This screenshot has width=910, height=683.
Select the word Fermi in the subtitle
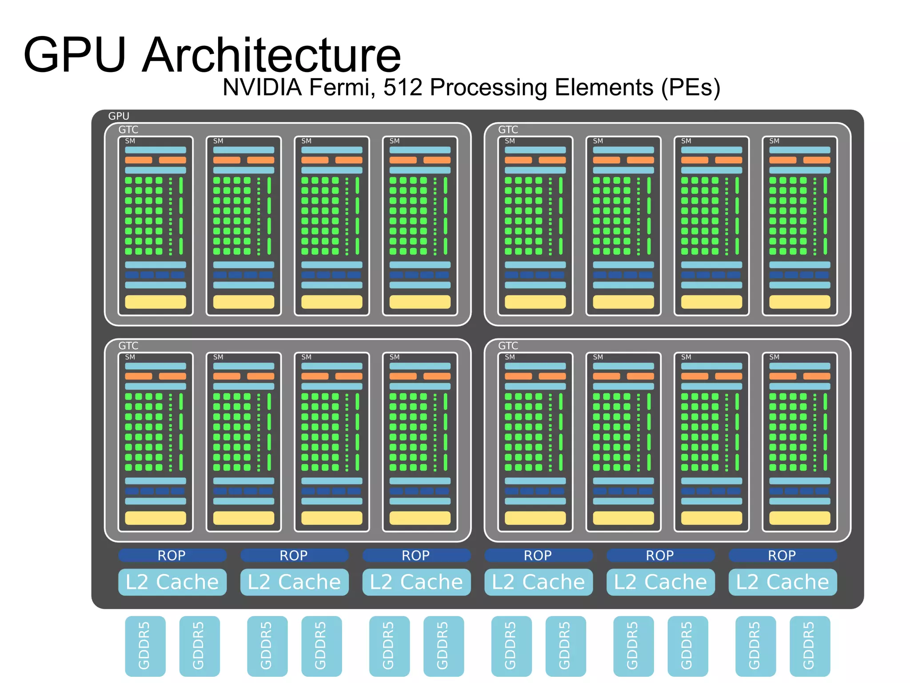[340, 87]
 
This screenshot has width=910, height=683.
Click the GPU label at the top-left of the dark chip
[119, 116]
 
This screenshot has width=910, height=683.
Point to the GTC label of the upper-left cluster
[128, 129]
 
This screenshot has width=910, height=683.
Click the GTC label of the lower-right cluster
[508, 346]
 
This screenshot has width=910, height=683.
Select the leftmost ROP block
[172, 555]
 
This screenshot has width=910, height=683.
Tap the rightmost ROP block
[782, 555]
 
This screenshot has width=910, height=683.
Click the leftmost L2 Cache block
[172, 582]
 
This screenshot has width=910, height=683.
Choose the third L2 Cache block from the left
[416, 582]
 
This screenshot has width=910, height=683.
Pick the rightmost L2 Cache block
[782, 582]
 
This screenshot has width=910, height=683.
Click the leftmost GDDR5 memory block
[145, 646]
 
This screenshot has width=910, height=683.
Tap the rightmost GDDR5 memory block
[810, 646]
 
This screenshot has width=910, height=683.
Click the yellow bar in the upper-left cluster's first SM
[155, 302]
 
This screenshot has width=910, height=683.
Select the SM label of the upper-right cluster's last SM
[774, 141]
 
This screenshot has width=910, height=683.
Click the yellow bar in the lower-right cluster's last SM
[799, 518]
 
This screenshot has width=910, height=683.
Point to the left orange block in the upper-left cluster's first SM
[139, 160]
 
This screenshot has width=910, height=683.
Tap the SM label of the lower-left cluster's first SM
[130, 357]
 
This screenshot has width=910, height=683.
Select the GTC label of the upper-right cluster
[508, 129]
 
